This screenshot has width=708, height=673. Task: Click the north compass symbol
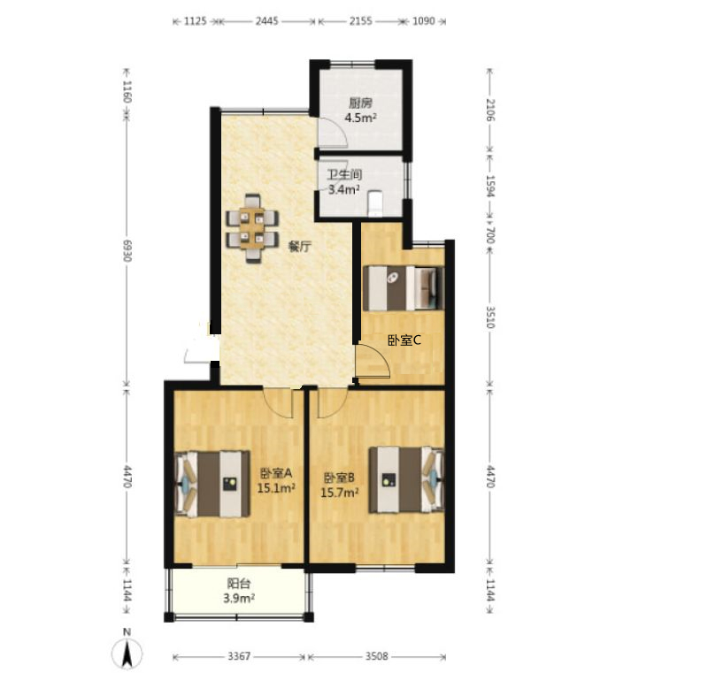point(127,653)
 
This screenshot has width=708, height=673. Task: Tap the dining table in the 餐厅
point(252,228)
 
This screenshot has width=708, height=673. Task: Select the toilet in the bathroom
point(374,204)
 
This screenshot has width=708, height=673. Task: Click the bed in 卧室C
point(404,288)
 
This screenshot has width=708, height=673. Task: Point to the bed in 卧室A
point(212,484)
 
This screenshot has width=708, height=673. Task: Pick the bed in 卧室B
point(406,479)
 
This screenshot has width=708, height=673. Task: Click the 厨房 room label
point(360,103)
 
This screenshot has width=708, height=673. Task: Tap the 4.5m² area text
point(360,119)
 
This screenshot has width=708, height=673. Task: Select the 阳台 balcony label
point(238,584)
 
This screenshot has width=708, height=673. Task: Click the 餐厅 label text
point(299,247)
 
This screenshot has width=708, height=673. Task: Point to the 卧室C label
point(404,340)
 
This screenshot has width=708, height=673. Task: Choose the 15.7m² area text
point(340,493)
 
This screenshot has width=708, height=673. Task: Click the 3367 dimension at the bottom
point(239,656)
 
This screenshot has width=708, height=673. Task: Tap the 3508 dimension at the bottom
point(377,656)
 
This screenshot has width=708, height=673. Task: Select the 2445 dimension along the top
point(267,20)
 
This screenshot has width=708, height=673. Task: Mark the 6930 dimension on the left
point(127,250)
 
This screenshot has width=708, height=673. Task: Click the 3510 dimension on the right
point(491,317)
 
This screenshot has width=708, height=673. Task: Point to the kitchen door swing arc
point(339,127)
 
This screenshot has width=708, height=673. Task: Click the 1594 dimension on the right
point(491,186)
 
